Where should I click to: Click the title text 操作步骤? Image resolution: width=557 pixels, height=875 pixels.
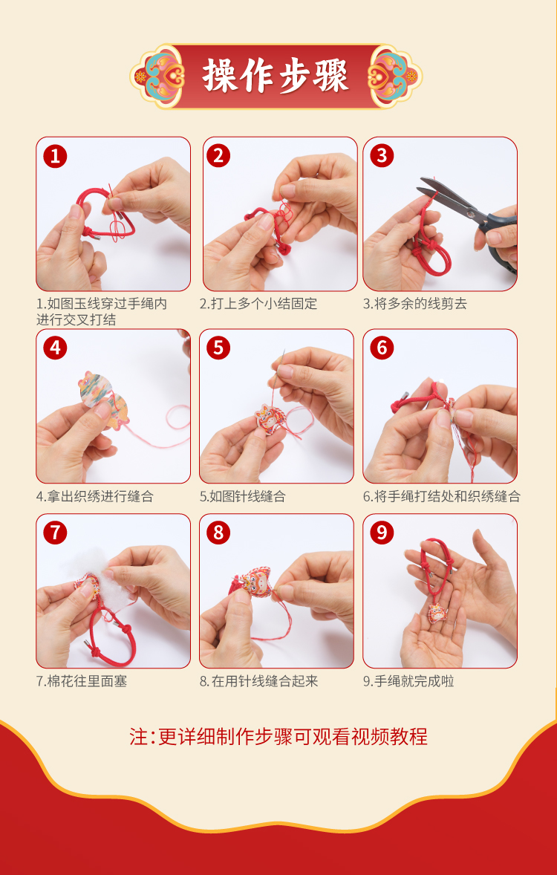(276, 75)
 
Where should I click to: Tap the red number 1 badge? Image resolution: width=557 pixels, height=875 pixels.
(55, 156)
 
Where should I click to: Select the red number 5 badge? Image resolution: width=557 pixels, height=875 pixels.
(218, 348)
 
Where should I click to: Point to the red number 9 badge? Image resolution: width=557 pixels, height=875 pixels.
(382, 533)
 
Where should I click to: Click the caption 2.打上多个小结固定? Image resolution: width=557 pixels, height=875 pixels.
(258, 304)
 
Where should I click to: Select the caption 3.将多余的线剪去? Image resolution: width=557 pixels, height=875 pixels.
(414, 304)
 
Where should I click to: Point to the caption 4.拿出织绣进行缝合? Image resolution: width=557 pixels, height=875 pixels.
(95, 496)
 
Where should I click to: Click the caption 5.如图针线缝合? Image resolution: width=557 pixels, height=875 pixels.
(243, 496)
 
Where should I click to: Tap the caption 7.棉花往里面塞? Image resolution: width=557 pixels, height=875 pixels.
(82, 681)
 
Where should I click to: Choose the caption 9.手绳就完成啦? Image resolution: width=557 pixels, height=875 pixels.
(408, 681)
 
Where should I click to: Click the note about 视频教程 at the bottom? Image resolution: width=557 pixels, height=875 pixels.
(278, 737)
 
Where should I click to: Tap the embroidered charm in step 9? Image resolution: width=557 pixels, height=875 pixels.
(438, 611)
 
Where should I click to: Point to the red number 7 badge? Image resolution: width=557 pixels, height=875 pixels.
(55, 533)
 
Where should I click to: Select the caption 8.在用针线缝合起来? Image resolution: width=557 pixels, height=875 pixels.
(259, 681)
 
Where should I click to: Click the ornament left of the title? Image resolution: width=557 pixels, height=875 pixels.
(157, 76)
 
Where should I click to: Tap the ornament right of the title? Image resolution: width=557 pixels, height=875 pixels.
(394, 76)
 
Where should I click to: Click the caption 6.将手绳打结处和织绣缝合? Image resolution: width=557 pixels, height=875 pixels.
(441, 496)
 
